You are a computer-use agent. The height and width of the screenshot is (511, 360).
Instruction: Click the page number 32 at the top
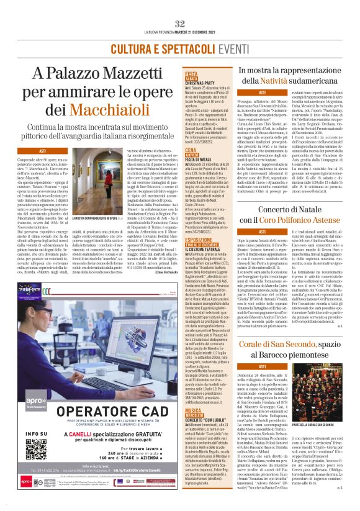(180, 24)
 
